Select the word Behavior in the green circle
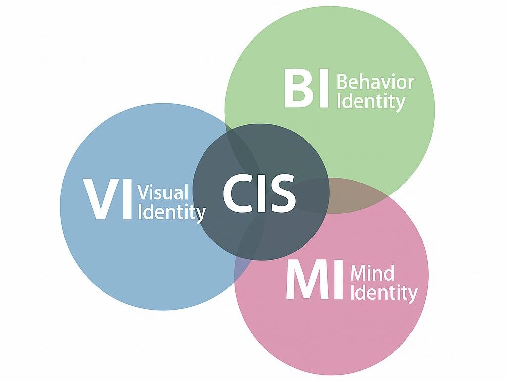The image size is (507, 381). pyautogui.click(x=375, y=82)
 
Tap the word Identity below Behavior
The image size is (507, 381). pyautogui.click(x=370, y=102)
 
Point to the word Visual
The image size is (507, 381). pyautogui.click(x=163, y=192)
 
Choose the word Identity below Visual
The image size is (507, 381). pyautogui.click(x=171, y=213)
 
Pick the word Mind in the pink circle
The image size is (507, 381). pyautogui.click(x=372, y=273)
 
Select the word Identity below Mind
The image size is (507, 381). pyautogui.click(x=384, y=293)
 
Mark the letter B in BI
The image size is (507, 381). pyautogui.click(x=298, y=89)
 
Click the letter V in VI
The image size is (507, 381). pyautogui.click(x=100, y=200)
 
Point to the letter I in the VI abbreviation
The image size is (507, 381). pyautogui.click(x=126, y=200)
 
